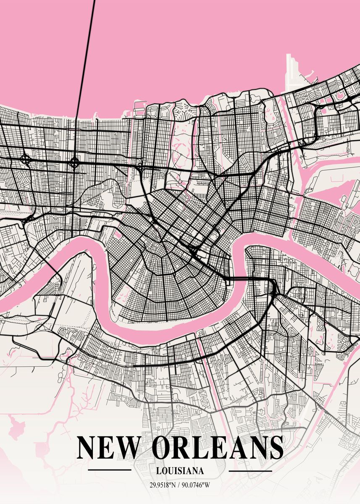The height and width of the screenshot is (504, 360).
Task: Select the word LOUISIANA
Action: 180,471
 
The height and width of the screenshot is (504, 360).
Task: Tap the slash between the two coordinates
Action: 179,485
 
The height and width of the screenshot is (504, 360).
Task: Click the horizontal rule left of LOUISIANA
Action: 110,470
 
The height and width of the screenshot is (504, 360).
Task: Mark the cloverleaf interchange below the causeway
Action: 74,162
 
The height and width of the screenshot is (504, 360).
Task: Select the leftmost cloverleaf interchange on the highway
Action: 25,159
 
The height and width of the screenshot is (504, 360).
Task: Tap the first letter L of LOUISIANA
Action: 157,471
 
